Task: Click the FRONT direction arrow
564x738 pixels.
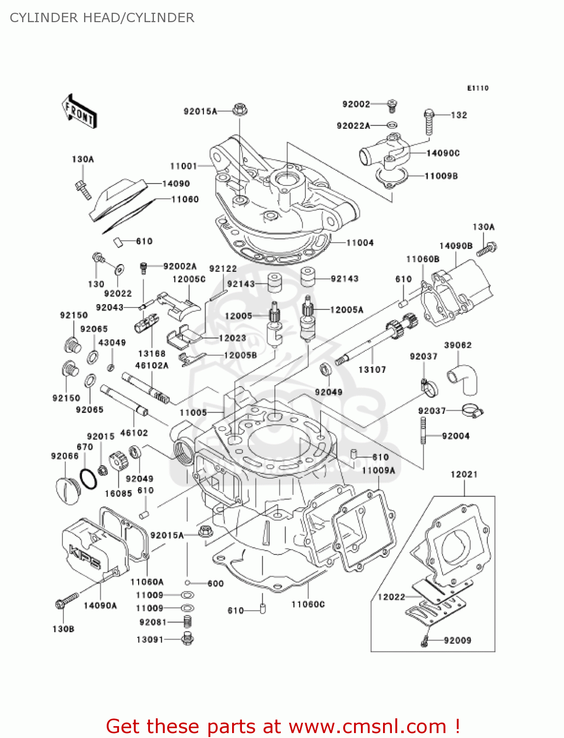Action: pyautogui.click(x=79, y=112)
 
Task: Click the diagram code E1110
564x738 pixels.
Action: pyautogui.click(x=477, y=88)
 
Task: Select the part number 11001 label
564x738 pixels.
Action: pyautogui.click(x=183, y=166)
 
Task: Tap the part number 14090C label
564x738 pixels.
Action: pyautogui.click(x=443, y=153)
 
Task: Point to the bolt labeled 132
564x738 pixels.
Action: pyautogui.click(x=429, y=122)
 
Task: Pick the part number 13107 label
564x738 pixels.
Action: pyautogui.click(x=372, y=369)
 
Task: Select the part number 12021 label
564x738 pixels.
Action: pyautogui.click(x=464, y=474)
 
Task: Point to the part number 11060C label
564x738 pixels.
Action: pyautogui.click(x=308, y=604)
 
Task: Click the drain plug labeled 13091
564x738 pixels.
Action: pyautogui.click(x=187, y=639)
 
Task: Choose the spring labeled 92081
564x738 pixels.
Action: pyautogui.click(x=187, y=622)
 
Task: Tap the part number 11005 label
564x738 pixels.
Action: pyautogui.click(x=193, y=413)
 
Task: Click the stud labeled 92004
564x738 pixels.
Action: pyautogui.click(x=422, y=431)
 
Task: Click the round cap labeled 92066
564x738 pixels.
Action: pyautogui.click(x=67, y=491)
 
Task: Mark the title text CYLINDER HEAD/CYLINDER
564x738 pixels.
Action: pyautogui.click(x=102, y=18)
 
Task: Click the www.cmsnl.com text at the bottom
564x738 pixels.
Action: pyautogui.click(x=367, y=726)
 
